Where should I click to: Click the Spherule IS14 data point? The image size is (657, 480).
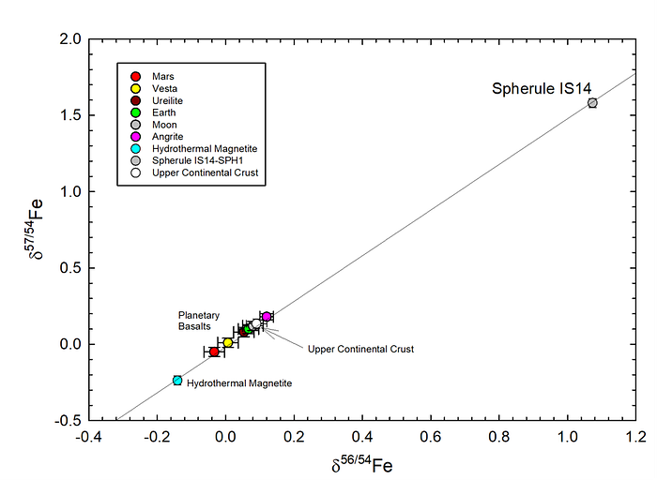[592, 103]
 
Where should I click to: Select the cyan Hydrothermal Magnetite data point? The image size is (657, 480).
[177, 381]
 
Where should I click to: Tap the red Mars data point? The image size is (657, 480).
[214, 352]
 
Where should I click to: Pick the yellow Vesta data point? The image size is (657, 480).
[227, 343]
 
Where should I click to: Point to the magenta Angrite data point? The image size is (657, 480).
[267, 316]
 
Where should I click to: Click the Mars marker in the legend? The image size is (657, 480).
[136, 77]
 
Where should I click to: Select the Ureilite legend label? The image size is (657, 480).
[167, 101]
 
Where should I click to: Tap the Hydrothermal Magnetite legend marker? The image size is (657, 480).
[136, 148]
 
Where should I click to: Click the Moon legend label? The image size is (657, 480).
[164, 125]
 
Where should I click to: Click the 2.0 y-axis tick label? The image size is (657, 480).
[70, 39]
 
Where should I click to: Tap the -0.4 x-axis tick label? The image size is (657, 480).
[88, 437]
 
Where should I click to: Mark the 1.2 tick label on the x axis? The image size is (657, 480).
[636, 437]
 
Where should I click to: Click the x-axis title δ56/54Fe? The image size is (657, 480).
[362, 464]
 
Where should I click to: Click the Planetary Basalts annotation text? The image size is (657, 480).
[199, 321]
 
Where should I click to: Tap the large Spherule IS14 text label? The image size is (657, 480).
[542, 88]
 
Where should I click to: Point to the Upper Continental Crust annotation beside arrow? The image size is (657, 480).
[360, 349]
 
